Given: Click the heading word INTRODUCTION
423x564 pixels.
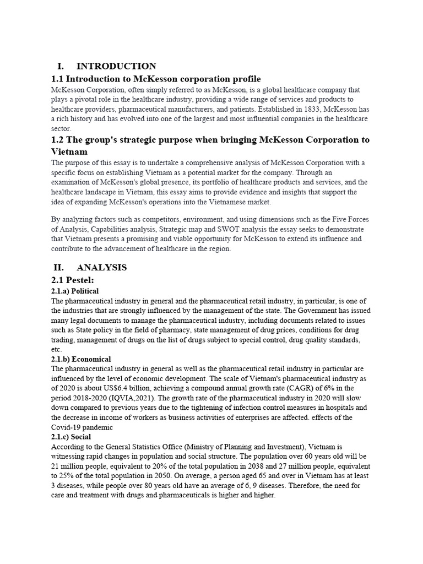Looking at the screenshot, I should pyautogui.click(x=116, y=66).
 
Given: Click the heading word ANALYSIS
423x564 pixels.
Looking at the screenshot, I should pyautogui.click(x=102, y=267).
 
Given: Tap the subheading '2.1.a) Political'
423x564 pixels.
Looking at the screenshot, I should pyautogui.click(x=75, y=291).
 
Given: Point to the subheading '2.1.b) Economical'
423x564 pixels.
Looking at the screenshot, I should pyautogui.click(x=81, y=359).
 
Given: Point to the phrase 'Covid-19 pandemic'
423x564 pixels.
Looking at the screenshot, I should pyautogui.click(x=83, y=427).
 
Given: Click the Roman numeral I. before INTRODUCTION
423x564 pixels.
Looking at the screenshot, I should pyautogui.click(x=61, y=66).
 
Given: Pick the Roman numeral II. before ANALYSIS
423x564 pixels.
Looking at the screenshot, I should pyautogui.click(x=59, y=267).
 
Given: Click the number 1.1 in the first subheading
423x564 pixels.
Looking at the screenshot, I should pyautogui.click(x=58, y=79).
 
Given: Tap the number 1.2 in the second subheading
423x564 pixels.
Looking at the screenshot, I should pyautogui.click(x=58, y=140).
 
